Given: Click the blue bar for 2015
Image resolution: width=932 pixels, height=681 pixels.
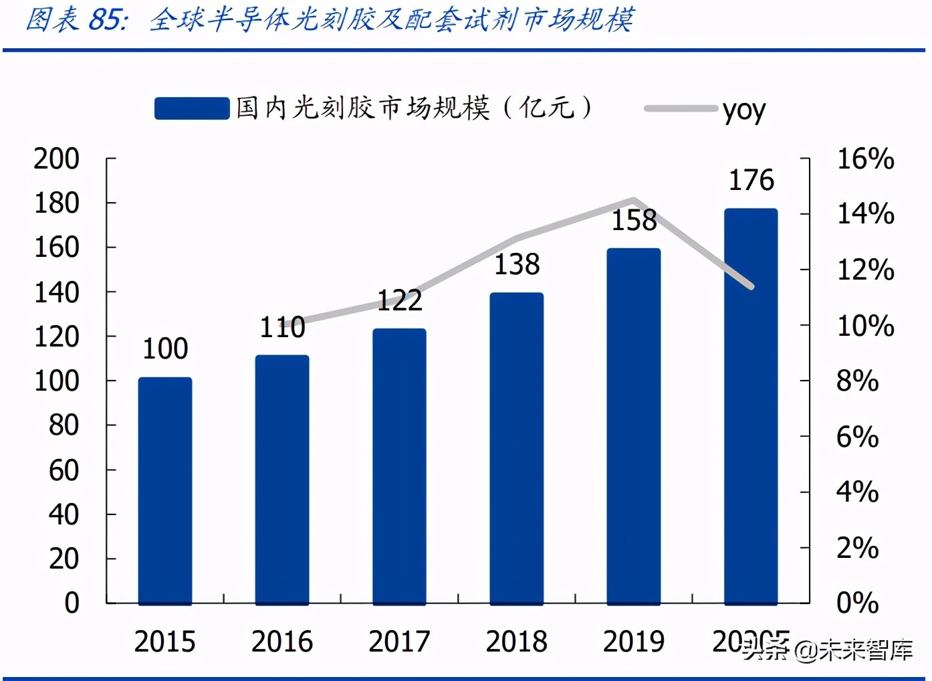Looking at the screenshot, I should coord(165,491).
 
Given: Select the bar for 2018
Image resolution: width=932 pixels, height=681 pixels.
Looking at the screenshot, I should coord(517,448).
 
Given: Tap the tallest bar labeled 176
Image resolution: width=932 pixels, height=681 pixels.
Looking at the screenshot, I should coord(751,407).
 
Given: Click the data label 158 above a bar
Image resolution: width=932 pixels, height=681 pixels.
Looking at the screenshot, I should coord(634,221).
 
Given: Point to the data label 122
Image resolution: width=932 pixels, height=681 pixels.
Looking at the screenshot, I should coord(400,300).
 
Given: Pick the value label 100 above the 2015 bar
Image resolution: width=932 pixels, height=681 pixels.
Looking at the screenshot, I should coord(165,349).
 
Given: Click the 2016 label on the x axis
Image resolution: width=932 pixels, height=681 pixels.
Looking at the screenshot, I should coord(282,642).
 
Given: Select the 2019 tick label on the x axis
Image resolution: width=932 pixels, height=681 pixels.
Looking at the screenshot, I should coord(634,642).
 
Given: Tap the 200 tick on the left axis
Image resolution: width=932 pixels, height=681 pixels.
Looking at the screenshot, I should coord(57,159).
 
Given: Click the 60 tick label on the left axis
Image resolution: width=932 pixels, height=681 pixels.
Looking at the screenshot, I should coord(64,470).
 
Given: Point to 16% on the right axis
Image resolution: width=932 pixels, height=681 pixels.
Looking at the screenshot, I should coord(866,159).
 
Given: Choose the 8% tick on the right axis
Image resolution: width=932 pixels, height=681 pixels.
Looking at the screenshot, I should coord(858,381).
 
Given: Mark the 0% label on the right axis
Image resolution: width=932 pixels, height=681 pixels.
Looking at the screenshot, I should coord(858,603).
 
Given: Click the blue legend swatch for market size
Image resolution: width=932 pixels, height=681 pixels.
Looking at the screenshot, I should coord(192,108).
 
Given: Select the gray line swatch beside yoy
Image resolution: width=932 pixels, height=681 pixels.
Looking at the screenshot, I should coord(681,108).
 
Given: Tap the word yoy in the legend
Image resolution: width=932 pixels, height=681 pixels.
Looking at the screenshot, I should coord(744,110).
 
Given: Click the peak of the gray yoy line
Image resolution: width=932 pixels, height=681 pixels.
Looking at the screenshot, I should coord(634,199).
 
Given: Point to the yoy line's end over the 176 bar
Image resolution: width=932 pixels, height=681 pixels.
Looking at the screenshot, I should coord(751,286).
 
